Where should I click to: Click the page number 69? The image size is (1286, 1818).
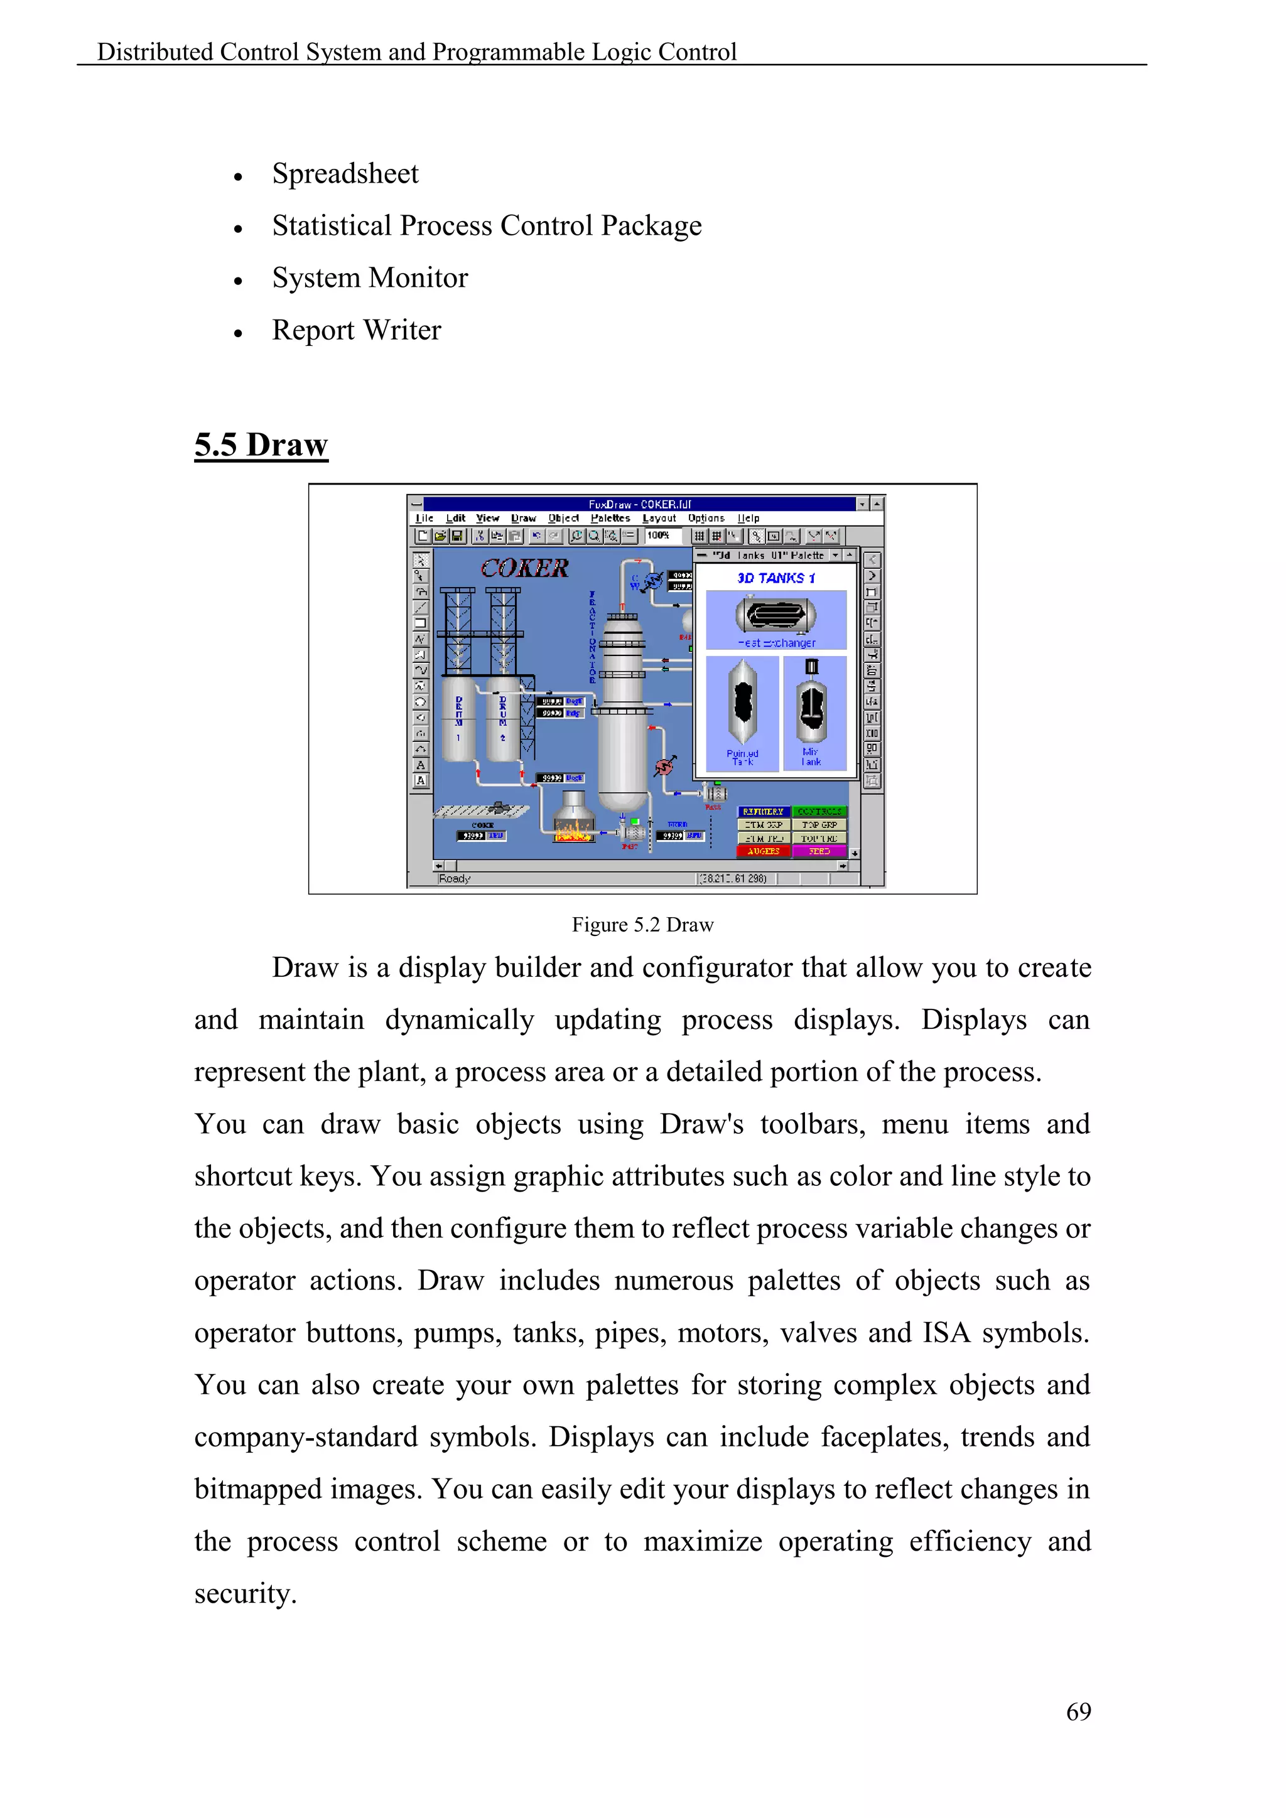1079,1711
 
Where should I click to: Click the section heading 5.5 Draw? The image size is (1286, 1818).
261,445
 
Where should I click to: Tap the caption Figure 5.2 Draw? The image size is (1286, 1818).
642,925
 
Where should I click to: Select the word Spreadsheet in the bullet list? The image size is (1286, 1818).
345,174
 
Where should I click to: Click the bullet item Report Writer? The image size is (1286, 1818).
356,330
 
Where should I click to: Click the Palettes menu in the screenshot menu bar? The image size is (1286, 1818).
610,519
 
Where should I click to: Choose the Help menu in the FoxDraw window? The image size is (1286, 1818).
748,519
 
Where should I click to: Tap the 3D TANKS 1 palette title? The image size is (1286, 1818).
775,579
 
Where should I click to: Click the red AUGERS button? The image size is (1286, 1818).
764,851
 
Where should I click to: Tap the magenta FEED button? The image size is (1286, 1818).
819,851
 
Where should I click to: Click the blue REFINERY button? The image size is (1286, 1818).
764,812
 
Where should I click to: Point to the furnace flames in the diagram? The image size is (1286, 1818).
574,831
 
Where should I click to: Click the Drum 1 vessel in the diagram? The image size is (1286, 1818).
458,719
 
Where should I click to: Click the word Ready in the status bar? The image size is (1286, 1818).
455,879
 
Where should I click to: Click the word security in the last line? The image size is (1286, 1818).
245,1594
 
